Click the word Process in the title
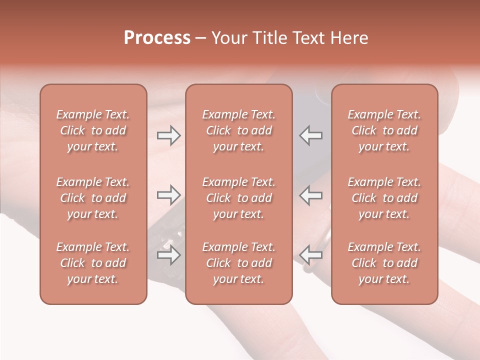pos(157,38)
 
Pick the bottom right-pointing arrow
pos(168,255)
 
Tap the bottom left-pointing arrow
pos(311,255)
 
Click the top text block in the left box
pos(93,130)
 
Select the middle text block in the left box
pos(93,198)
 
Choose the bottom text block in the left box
pos(93,263)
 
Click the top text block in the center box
pos(238,130)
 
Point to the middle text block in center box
pos(238,198)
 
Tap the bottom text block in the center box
pos(238,263)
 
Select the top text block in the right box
pos(384,130)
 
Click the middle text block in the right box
pos(384,198)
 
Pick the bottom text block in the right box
pos(384,263)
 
